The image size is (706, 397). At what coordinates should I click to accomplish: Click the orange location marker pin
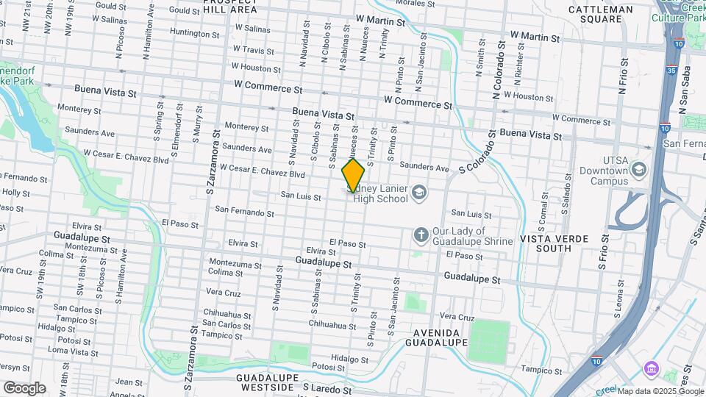353,174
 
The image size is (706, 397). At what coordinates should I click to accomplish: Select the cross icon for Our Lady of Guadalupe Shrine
421,235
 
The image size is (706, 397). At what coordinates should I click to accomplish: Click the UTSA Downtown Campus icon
639,170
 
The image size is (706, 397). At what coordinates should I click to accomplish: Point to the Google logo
24,387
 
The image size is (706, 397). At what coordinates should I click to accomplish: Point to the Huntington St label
195,32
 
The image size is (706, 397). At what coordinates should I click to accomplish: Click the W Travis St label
254,51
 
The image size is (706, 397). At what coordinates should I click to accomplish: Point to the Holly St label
14,193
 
